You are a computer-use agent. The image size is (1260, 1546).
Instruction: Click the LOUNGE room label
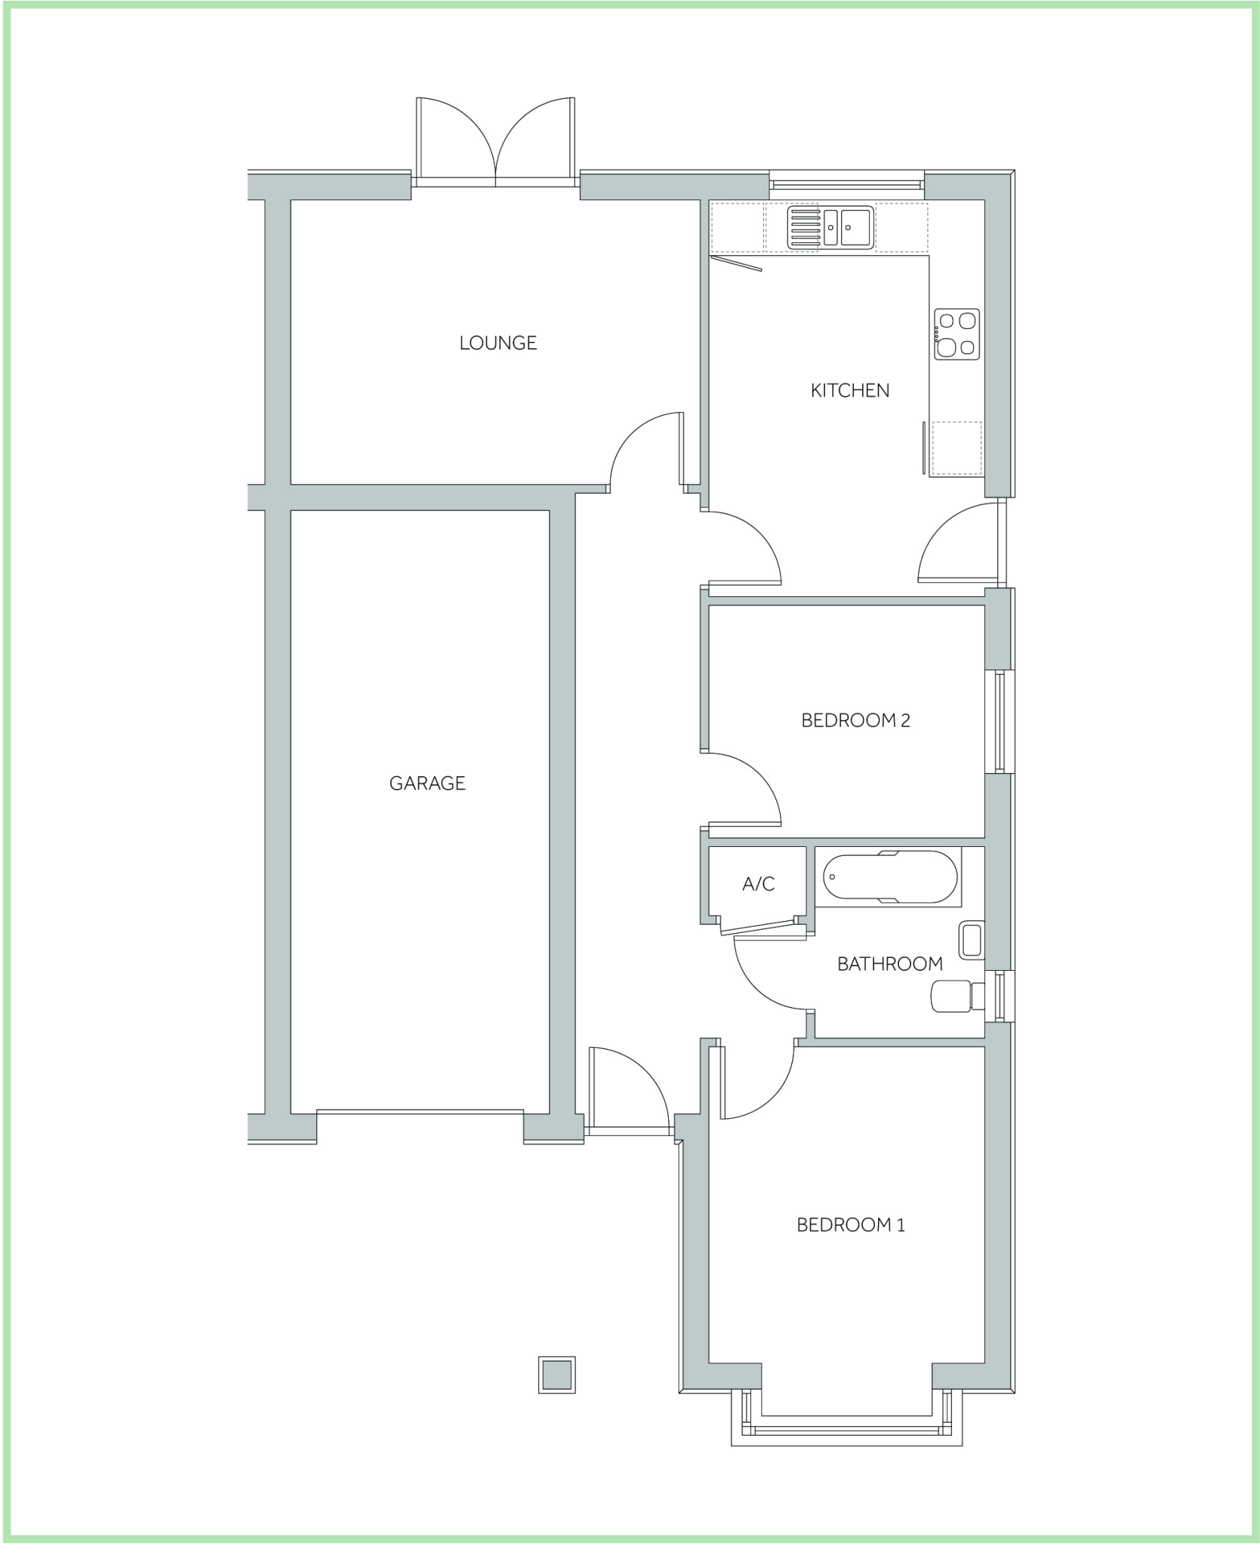point(498,343)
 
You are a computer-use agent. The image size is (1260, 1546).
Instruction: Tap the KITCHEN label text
point(849,390)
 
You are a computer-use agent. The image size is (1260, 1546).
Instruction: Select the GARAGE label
point(427,783)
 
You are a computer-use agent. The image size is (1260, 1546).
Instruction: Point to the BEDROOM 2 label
point(855,720)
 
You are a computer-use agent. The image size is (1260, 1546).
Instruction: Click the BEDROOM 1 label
point(850,1224)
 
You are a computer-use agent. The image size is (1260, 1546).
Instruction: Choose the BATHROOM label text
point(889,963)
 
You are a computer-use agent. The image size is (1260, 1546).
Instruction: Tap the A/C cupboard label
point(758,884)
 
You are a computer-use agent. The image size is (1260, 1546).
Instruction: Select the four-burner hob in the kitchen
point(957,334)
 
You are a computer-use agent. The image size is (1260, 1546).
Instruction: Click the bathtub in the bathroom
point(888,877)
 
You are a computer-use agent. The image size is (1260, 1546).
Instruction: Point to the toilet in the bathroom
point(957,996)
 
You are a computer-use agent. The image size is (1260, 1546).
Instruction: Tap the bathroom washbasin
point(971,940)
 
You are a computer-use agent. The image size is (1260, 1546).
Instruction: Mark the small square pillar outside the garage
point(556,1374)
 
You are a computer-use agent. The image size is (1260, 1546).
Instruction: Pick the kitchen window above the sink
point(846,183)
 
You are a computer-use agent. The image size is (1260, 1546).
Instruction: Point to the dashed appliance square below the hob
point(957,448)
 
